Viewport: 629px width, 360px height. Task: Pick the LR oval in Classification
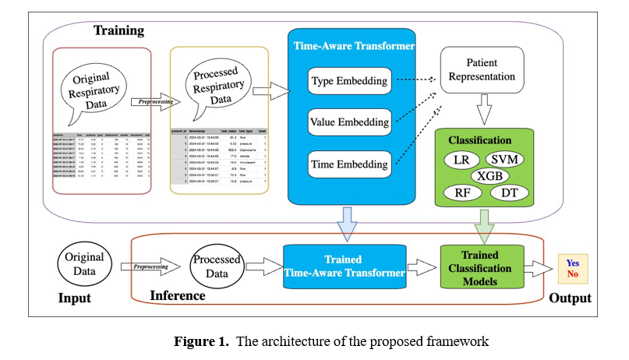click(461, 161)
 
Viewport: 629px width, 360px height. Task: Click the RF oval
click(461, 192)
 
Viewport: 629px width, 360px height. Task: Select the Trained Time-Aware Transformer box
click(345, 266)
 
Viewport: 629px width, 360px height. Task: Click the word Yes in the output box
click(572, 263)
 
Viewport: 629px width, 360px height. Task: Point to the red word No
click(572, 274)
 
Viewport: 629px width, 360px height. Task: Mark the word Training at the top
click(119, 31)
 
